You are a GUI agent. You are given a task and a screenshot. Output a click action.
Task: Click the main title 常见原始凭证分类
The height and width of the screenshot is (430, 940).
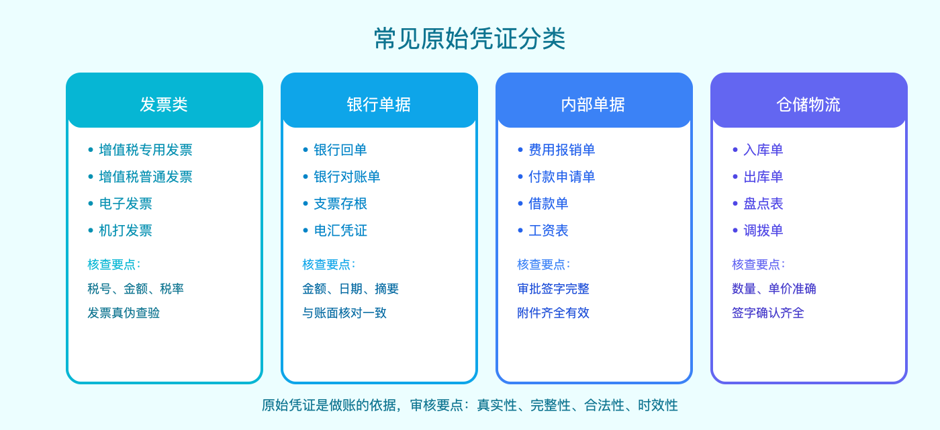click(469, 38)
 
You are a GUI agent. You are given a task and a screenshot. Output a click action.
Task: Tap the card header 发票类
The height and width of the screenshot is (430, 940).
click(164, 104)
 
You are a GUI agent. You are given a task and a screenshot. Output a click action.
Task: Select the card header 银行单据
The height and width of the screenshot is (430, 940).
click(379, 104)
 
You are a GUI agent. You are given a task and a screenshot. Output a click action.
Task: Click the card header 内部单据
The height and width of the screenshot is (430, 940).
click(594, 104)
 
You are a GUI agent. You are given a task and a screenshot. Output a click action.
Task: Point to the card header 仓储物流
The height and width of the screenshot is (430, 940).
click(808, 104)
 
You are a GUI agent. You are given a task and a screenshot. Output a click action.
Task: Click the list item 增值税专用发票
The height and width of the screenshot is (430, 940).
click(146, 150)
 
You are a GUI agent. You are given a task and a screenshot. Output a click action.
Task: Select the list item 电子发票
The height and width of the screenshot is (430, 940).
click(126, 204)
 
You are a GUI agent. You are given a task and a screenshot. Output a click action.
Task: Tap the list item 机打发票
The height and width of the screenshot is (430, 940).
click(126, 230)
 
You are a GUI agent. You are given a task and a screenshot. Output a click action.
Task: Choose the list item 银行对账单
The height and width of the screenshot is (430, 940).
click(347, 177)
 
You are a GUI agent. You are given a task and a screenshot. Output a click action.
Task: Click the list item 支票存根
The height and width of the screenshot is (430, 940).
click(340, 204)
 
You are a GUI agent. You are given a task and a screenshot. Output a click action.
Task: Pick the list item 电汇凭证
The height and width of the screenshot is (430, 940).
click(340, 230)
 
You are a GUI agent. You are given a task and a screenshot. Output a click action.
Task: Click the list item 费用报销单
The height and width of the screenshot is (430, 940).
click(562, 150)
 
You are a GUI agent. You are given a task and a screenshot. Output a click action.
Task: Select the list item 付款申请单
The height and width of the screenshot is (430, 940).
click(562, 177)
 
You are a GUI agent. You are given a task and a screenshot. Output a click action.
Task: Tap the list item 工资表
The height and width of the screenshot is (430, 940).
click(549, 230)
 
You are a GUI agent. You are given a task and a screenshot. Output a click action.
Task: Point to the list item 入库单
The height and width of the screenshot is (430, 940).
click(763, 150)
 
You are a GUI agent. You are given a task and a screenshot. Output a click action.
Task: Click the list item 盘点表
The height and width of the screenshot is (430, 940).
click(763, 204)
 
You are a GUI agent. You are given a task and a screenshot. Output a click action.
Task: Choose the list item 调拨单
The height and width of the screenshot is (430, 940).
click(763, 230)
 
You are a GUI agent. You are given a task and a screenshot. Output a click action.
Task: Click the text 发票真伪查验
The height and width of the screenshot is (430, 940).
click(124, 312)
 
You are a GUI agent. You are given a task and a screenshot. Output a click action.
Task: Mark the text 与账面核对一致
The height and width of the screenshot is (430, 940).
click(344, 312)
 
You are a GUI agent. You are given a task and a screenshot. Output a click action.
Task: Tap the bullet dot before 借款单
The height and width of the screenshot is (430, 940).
click(520, 204)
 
